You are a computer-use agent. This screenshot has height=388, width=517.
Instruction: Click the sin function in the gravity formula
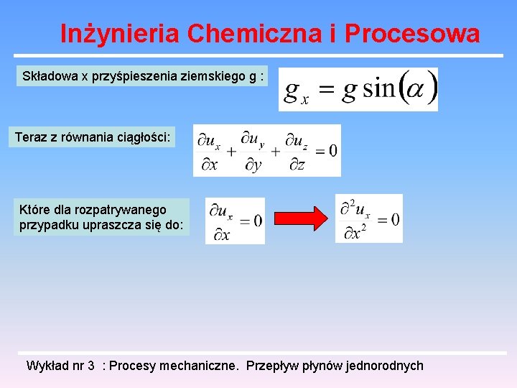378,90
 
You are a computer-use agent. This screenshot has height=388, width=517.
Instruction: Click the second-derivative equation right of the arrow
369,219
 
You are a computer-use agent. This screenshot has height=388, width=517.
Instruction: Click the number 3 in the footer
91,366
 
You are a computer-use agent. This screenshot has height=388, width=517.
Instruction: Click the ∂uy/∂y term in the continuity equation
253,151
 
